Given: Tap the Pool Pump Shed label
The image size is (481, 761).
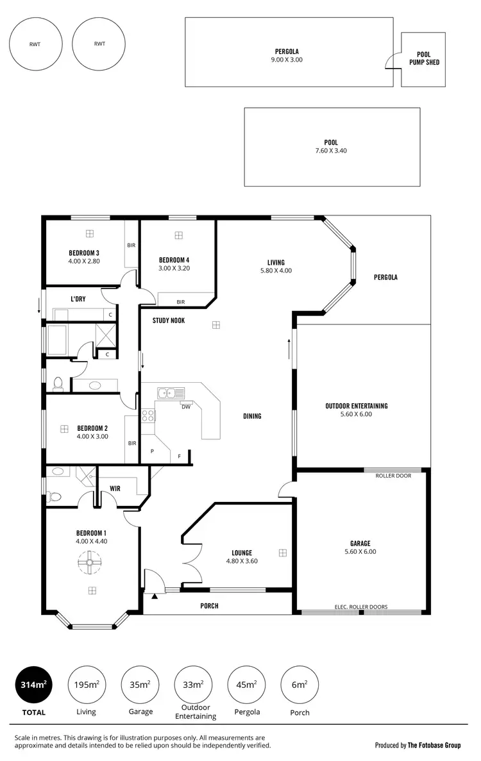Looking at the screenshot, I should coord(424,59).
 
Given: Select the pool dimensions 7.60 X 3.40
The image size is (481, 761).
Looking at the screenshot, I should coord(331,151).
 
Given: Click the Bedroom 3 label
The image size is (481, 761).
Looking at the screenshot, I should coord(84,253).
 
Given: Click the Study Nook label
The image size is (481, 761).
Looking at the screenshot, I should coord(169,321).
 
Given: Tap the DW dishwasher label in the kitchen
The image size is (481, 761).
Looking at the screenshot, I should coord(186,406).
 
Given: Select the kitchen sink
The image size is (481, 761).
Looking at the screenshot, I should coord(171,392).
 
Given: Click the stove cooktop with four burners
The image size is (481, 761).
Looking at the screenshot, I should coord(148,415).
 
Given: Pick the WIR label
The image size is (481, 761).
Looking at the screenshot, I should coord(115,489).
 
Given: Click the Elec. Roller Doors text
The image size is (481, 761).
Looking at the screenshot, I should coord(361,606).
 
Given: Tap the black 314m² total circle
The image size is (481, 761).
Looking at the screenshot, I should coord(33,685).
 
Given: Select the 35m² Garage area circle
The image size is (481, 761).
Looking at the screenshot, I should coord(140,685).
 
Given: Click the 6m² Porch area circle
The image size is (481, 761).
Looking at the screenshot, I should coord(300,685).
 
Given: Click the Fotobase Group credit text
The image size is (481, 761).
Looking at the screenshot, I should coord(418,745).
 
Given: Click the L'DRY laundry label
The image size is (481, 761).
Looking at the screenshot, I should coord(78,299).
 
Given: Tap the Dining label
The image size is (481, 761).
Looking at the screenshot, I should coord(252,416).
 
